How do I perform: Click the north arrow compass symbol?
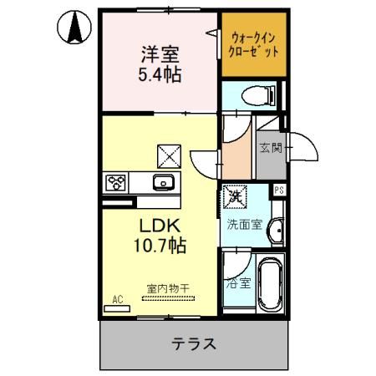pos(74,29)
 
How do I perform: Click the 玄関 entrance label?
pos(270,150)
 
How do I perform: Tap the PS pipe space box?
pos(279,189)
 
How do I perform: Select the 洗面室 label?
pos(245,224)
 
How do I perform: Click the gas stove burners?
pos(115,182)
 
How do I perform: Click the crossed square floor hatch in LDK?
pos(169,155)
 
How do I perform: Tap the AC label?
pos(118,297)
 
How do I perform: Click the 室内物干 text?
pos(169,288)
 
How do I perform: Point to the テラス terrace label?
pos(195,343)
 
